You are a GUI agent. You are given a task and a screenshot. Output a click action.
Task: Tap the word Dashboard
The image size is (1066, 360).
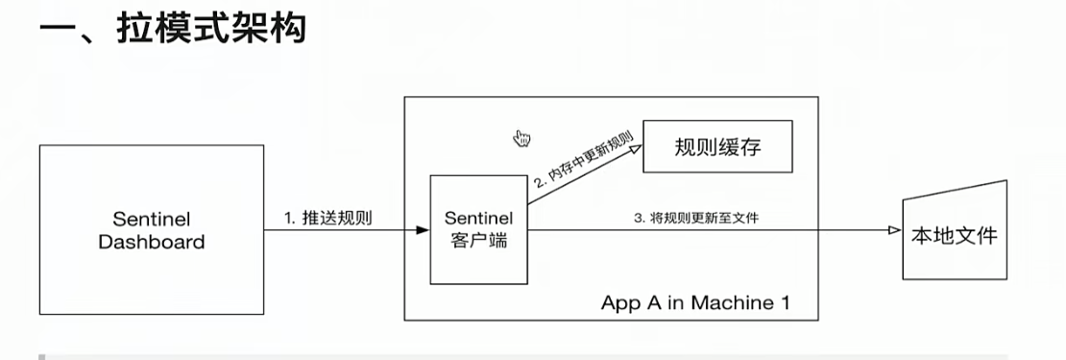click(x=152, y=242)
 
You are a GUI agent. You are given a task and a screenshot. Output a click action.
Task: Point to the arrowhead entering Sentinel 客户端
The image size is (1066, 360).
click(x=424, y=230)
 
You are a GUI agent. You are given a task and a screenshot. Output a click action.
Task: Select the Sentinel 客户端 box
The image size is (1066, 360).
click(x=479, y=230)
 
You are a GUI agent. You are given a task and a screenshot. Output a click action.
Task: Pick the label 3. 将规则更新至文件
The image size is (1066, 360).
click(x=696, y=219)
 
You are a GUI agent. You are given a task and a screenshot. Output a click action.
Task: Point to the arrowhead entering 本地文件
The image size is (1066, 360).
click(x=896, y=230)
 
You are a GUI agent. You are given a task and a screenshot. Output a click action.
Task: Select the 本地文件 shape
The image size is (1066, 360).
click(x=956, y=230)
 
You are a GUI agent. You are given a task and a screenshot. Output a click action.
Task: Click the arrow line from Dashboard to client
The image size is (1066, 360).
click(x=346, y=230)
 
